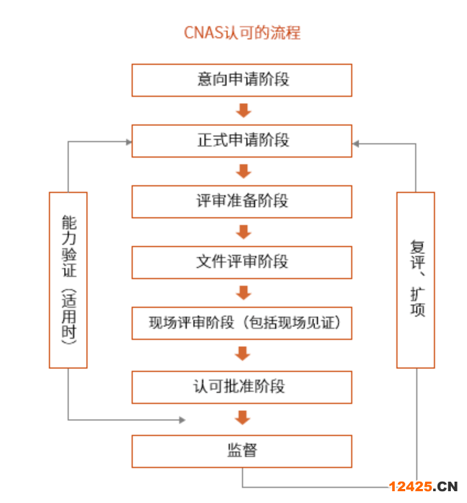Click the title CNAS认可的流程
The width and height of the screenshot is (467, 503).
pos(242,33)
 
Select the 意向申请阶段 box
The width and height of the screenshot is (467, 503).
pos(242,80)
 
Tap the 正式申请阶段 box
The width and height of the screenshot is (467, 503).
pos(242,141)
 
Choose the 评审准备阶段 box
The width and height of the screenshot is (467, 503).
pos(242,201)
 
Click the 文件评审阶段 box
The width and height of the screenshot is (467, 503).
pos(242,261)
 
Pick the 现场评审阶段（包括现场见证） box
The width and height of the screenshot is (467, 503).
pos(242,323)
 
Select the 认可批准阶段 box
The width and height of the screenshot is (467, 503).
pos(242,386)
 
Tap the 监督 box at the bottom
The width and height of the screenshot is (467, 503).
pos(242,451)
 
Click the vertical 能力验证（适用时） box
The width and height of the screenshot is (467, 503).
pos(68,280)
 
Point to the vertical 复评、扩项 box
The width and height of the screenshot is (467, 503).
pos(416,280)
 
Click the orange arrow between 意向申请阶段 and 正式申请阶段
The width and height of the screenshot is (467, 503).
pos(243,110)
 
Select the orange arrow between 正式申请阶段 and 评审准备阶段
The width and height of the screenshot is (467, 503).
pos(243,171)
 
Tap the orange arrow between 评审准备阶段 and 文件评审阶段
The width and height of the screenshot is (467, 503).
pos(243,231)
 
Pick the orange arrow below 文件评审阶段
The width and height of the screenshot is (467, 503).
pos(243,292)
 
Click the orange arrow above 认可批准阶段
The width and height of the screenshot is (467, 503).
pos(243,353)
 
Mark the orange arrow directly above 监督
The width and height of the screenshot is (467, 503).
pos(243,418)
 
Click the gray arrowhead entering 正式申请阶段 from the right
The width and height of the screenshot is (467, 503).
pos(357,144)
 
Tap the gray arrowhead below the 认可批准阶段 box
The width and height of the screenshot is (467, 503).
pos(181,420)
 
